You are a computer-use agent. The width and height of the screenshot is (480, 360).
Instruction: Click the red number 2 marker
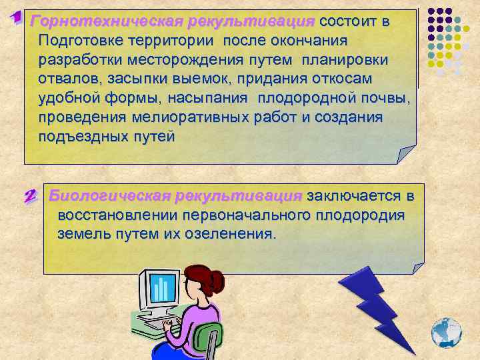30,197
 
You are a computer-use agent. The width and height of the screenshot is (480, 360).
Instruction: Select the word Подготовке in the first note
77,40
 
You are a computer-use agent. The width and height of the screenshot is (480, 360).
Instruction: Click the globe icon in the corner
446,331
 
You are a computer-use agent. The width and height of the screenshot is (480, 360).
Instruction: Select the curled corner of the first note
405,154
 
